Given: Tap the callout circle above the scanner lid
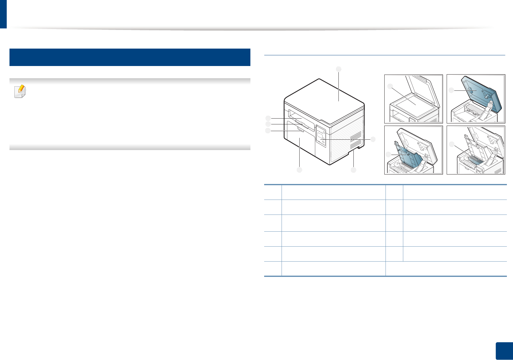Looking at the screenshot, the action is pyautogui.click(x=338, y=69).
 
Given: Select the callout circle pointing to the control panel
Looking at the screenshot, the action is pyautogui.click(x=373, y=139).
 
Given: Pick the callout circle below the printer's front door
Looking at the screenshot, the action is pyautogui.click(x=299, y=170).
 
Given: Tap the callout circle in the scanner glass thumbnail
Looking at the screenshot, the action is pyautogui.click(x=389, y=86).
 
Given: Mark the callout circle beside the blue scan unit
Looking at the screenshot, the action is pyautogui.click(x=451, y=90).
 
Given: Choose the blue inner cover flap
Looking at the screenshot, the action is pyautogui.click(x=408, y=157).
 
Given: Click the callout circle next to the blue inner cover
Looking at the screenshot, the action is pyautogui.click(x=388, y=154).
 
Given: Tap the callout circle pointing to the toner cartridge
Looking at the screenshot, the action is pyautogui.click(x=451, y=144).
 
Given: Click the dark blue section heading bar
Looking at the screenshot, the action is pyautogui.click(x=130, y=57).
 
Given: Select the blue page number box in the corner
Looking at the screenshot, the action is pyautogui.click(x=504, y=351).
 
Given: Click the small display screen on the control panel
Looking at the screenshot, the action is pyautogui.click(x=320, y=135).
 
